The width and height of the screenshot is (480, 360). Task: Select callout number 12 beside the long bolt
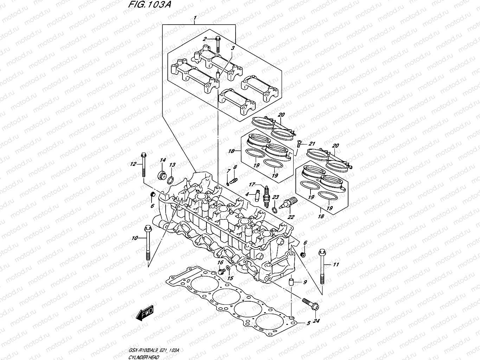pyautogui.click(x=133, y=164)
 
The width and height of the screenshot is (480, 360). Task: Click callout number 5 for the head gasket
pyautogui.click(x=308, y=323)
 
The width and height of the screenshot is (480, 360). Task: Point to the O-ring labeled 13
pyautogui.click(x=170, y=181)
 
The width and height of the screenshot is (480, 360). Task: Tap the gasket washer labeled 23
pyautogui.click(x=274, y=210)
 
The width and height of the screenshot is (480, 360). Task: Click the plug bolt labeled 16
pyautogui.click(x=222, y=271)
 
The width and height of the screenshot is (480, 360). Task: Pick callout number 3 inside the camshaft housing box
pyautogui.click(x=232, y=47)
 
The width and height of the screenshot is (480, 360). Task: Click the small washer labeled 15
pyautogui.click(x=228, y=269)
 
